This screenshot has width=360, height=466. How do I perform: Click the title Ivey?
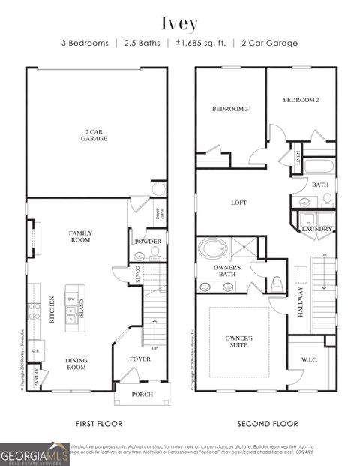pyautogui.click(x=179, y=23)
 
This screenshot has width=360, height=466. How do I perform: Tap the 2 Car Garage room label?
pyautogui.click(x=95, y=136)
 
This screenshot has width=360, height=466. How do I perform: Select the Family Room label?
pyautogui.click(x=79, y=236)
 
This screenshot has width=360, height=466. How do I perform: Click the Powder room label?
pyautogui.click(x=148, y=242)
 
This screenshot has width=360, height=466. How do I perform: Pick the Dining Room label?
pyautogui.click(x=76, y=364)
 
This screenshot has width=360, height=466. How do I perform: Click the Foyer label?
pyautogui.click(x=139, y=359)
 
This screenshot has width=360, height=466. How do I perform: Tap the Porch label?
pyautogui.click(x=142, y=394)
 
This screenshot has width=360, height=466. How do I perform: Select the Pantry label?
pyautogui.click(x=37, y=377)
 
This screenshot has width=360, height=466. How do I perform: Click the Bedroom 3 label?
pyautogui.click(x=229, y=109)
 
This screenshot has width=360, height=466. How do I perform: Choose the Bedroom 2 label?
pyautogui.click(x=301, y=100)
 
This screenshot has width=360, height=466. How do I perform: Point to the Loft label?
pyautogui.click(x=238, y=203)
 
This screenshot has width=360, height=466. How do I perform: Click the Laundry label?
pyautogui.click(x=317, y=229)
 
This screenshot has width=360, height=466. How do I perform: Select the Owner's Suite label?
pyautogui.click(x=239, y=342)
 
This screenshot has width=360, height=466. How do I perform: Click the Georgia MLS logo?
pyautogui.click(x=34, y=453)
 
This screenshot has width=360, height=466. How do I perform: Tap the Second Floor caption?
pyautogui.click(x=268, y=424)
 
